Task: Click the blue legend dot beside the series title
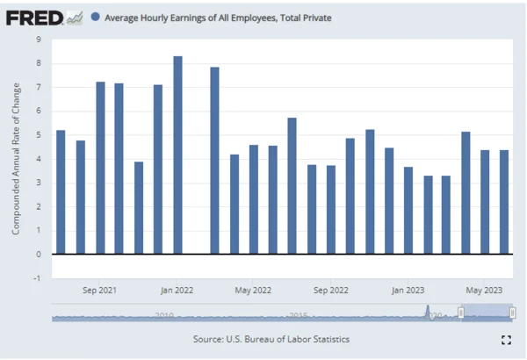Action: [x=95, y=17]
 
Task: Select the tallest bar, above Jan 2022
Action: [x=177, y=155]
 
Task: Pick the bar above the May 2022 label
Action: [x=253, y=199]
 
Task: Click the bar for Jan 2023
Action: [x=408, y=210]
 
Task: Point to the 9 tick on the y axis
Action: [x=39, y=40]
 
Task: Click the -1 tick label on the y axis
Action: [x=38, y=278]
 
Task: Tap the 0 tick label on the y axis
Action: [x=39, y=255]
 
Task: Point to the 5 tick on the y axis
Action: [x=39, y=135]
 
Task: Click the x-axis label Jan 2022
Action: [x=177, y=290]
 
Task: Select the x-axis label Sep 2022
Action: [x=331, y=290]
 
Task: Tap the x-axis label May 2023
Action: [x=485, y=290]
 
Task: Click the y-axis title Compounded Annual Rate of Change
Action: [x=16, y=158]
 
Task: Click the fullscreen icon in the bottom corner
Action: [x=506, y=340]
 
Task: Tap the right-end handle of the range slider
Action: [x=513, y=313]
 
